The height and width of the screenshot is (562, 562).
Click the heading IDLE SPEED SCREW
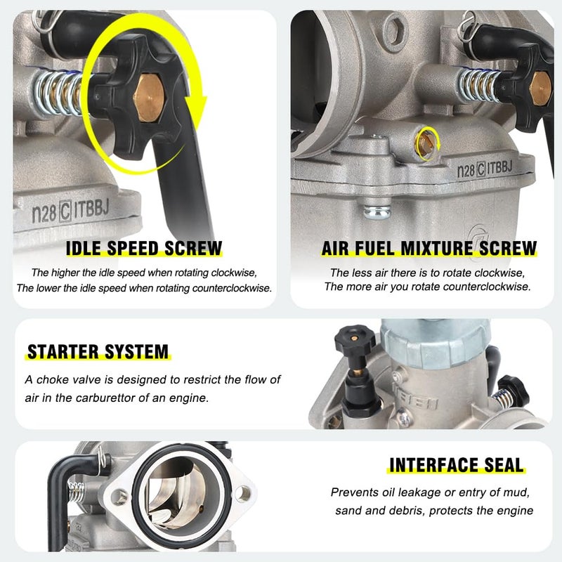pyautogui.click(x=144, y=248)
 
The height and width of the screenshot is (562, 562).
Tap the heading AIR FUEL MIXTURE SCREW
pyautogui.click(x=429, y=248)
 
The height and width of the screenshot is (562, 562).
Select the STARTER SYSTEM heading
pyautogui.click(x=98, y=352)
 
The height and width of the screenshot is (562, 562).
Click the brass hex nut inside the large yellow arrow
pyautogui.click(x=149, y=98)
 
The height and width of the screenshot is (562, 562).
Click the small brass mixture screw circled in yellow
pyautogui.click(x=426, y=143)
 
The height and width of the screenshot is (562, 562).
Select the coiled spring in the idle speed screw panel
pyautogui.click(x=59, y=93)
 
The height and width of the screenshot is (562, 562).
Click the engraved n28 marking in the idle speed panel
pyautogui.click(x=44, y=214)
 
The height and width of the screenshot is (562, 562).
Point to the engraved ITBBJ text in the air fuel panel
pyautogui.click(x=499, y=167)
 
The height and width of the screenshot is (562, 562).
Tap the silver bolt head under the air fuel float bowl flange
pyautogui.click(x=377, y=211)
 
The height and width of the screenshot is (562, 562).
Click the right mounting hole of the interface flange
pyautogui.click(x=243, y=494)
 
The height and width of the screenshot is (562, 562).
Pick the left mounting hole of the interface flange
pyautogui.click(x=119, y=497)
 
